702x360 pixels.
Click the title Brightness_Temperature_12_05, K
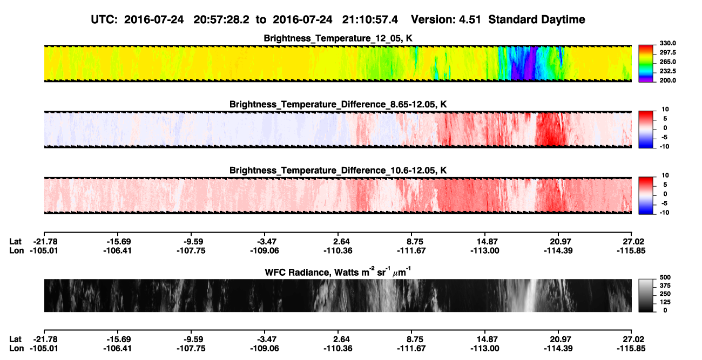coord(338,38)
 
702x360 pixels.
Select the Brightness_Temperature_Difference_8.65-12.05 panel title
coord(338,104)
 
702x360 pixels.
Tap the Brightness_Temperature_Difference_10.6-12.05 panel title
coord(338,171)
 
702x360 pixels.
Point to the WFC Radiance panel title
coord(338,272)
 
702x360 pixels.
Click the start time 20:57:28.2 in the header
coord(221,20)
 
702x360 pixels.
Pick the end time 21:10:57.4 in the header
coord(370,20)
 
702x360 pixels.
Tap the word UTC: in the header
coord(104,20)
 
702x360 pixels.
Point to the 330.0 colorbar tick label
coord(667,43)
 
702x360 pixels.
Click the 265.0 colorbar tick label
coord(667,62)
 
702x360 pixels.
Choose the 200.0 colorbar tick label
coord(667,80)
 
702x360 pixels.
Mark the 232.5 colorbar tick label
coord(667,71)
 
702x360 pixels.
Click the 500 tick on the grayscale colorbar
coord(665,277)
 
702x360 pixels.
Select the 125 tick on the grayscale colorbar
coord(665,302)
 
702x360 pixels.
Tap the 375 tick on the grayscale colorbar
coord(665,286)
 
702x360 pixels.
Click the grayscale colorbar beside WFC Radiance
coord(646,295)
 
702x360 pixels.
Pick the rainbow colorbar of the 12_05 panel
coord(646,64)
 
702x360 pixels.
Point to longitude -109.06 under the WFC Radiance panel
coord(265,349)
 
